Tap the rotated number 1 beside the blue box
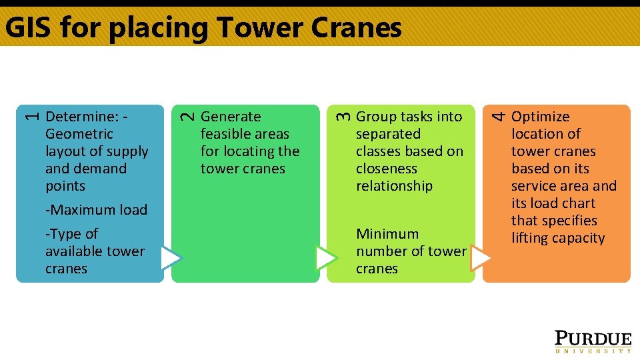coord(29,116)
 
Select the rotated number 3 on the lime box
coord(341,116)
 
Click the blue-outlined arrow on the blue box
coord(170,258)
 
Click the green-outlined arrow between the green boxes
coord(325,258)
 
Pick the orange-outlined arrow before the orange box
coord(480,258)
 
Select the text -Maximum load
coord(96,210)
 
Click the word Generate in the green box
coord(231,117)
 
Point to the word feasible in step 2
coord(225,134)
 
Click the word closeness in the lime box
coord(386,169)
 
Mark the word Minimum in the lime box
coord(387,234)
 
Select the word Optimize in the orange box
coord(540,117)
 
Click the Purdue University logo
coord(593,341)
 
